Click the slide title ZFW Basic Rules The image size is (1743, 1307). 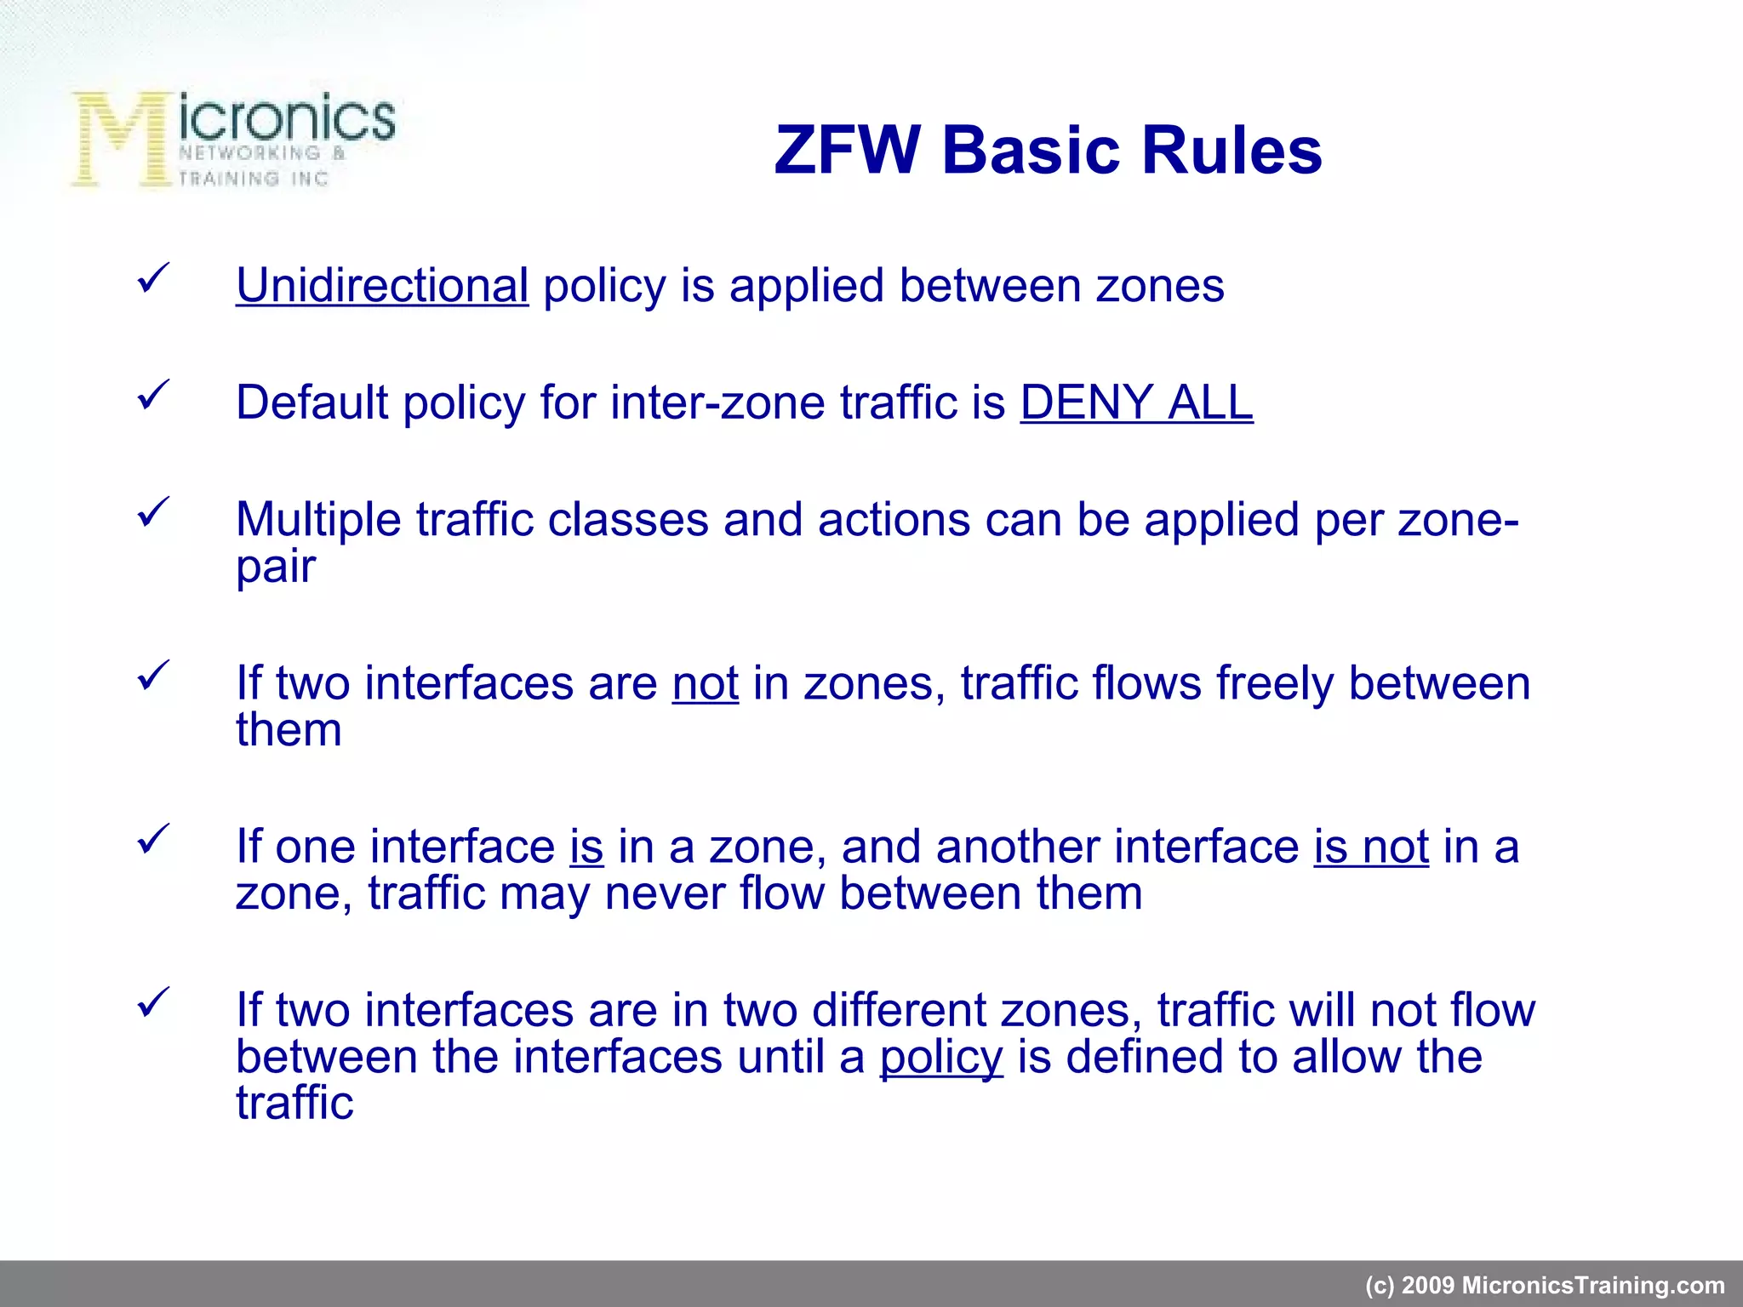tap(1048, 151)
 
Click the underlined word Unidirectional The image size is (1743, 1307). tap(382, 285)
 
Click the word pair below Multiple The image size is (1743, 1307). tap(276, 566)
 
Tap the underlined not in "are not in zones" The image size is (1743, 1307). tap(705, 683)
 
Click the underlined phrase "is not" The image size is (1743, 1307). tap(1370, 847)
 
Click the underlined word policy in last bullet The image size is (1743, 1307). tap(941, 1057)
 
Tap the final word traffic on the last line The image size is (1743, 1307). tap(294, 1103)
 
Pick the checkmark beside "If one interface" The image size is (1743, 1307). tap(153, 840)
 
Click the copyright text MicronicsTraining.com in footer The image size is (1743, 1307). tap(1544, 1285)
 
